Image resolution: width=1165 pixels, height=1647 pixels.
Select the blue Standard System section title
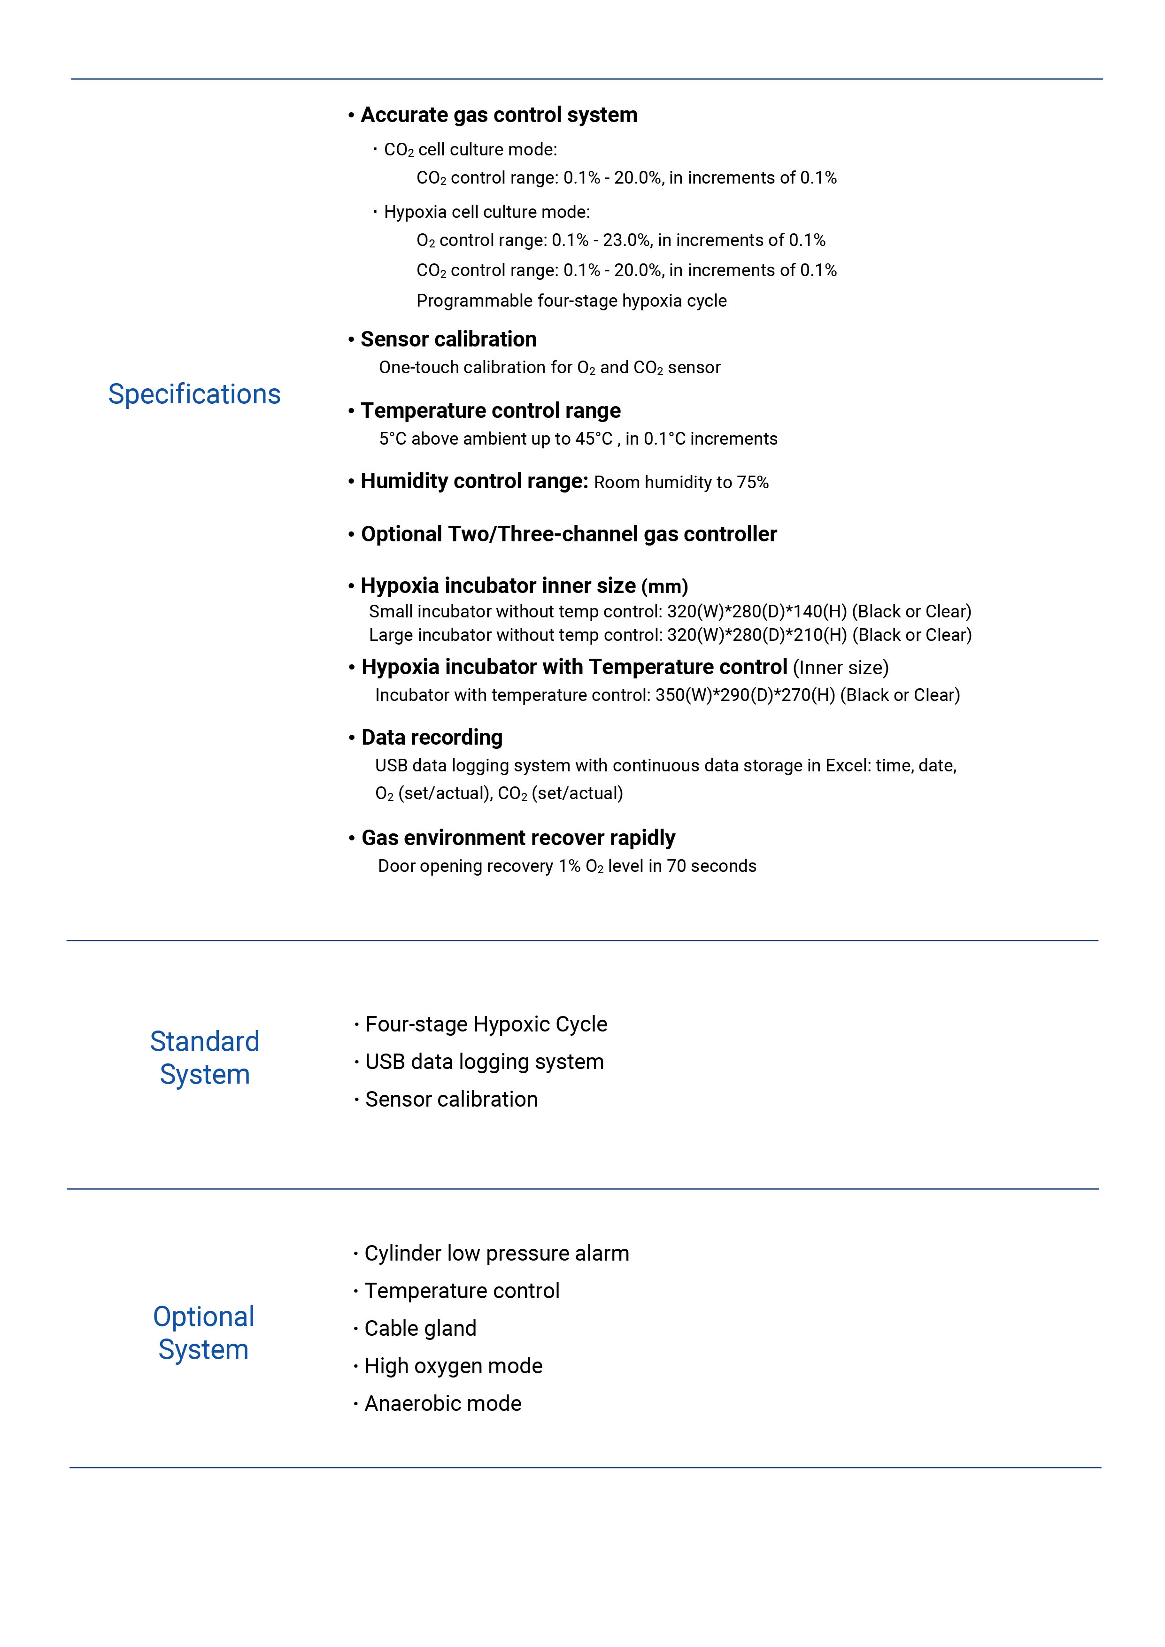click(204, 1057)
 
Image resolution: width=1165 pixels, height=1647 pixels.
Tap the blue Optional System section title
click(204, 1333)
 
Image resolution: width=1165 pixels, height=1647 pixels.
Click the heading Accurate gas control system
click(499, 115)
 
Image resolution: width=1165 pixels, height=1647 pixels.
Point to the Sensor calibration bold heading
click(448, 339)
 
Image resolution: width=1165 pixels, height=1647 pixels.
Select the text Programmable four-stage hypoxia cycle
click(571, 300)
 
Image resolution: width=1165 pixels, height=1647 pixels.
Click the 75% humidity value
click(753, 483)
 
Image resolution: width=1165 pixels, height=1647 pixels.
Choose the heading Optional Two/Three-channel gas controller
click(569, 534)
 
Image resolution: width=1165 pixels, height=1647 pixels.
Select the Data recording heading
click(432, 738)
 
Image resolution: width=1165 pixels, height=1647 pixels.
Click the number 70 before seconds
click(677, 867)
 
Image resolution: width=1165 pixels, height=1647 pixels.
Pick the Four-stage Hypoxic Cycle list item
click(486, 1024)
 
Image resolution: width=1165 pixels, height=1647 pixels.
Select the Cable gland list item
click(420, 1329)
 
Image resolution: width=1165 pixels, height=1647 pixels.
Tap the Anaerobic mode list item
click(443, 1403)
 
